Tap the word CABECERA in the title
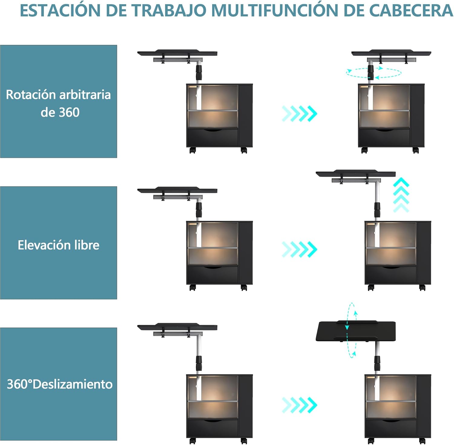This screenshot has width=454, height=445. click(412, 10)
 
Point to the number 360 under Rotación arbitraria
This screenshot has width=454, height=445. click(69, 112)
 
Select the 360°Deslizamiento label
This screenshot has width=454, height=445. click(60, 384)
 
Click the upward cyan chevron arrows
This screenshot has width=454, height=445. click(401, 195)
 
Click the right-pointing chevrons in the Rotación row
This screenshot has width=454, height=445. click(299, 114)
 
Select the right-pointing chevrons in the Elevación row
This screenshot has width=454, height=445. click(299, 249)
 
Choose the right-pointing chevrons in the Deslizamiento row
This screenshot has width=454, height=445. click(299, 405)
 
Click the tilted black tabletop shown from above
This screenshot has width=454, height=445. click(356, 331)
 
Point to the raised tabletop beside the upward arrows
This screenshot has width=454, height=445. click(356, 174)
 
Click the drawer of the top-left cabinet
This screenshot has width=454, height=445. click(212, 138)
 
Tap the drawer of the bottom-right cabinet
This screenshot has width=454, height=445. click(391, 428)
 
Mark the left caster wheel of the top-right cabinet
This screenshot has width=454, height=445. click(364, 150)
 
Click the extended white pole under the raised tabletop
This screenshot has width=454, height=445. click(377, 192)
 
